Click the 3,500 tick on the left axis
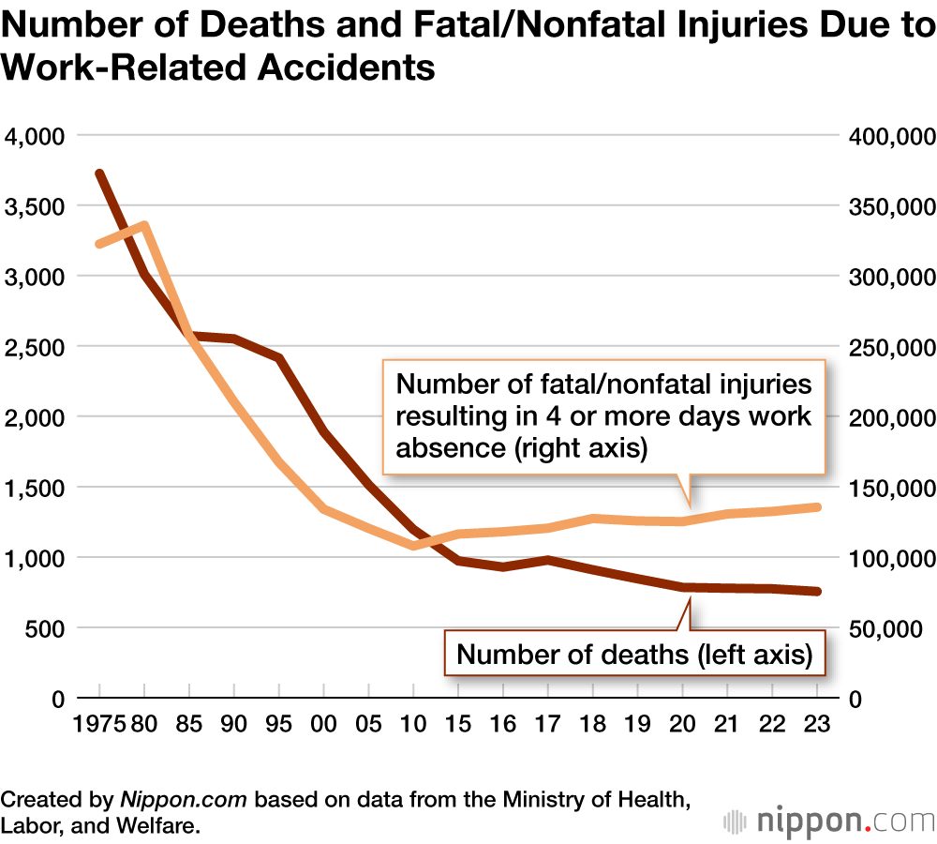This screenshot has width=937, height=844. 32,206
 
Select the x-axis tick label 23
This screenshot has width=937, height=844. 816,726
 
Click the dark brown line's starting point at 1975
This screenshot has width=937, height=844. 99,174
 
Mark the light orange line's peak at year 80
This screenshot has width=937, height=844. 144,225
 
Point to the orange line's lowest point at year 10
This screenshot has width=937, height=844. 413,545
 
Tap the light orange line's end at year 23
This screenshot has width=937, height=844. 816,507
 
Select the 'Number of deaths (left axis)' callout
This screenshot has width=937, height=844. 634,655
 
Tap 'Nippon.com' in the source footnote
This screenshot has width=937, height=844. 183,802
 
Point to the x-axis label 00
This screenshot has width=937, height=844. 324,726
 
